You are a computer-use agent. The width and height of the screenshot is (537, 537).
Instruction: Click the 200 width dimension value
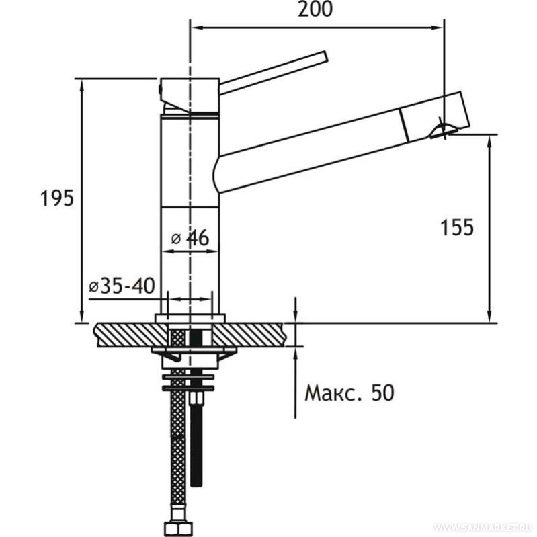[x=315, y=9]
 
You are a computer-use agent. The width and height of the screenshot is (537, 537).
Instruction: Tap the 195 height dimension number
[x=57, y=198]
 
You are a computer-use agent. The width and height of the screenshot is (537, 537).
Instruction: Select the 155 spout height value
[x=457, y=227]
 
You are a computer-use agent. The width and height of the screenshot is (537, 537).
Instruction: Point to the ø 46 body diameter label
[x=190, y=238]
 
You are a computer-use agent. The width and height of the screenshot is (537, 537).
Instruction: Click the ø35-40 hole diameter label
[x=122, y=286]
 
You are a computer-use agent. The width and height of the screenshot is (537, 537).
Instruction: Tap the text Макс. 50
[x=349, y=393]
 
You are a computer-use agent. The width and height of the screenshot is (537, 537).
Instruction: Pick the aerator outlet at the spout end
[x=443, y=131]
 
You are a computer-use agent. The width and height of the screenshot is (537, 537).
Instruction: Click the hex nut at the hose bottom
[x=178, y=528]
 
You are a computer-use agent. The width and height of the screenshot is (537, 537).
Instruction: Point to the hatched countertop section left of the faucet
[x=131, y=335]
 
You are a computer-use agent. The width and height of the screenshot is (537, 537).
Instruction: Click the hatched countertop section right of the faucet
[x=249, y=335]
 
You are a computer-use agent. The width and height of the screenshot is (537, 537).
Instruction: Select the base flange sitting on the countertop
[x=190, y=319]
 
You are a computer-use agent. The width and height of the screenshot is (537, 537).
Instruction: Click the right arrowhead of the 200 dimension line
[x=438, y=28]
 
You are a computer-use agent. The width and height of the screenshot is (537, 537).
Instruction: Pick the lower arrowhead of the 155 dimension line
[x=490, y=316]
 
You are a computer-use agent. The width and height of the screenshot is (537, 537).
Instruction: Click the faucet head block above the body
[x=190, y=95]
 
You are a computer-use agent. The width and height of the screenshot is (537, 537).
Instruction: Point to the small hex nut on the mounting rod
[x=196, y=399]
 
